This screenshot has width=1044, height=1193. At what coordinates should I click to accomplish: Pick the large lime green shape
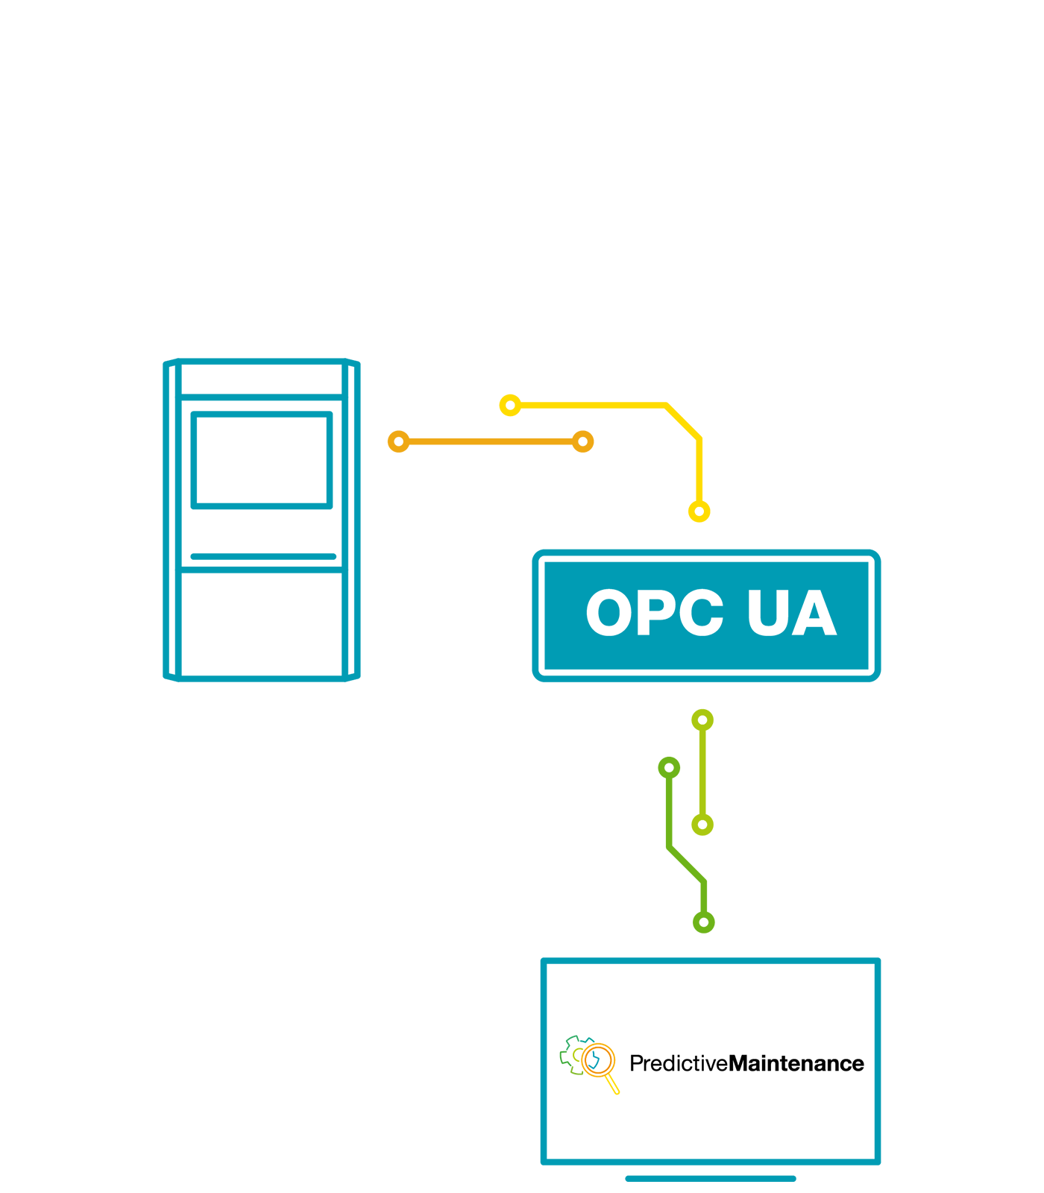coord(753,790)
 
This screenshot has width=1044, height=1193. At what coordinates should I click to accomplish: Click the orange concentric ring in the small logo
coord(597,1059)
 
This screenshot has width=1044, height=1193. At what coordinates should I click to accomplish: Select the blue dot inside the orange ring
coord(594,1060)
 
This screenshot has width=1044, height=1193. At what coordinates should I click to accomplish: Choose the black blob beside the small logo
coord(746,1063)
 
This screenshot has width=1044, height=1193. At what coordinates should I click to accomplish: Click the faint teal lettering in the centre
coord(701,611)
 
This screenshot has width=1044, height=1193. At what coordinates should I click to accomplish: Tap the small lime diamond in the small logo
coord(576,1056)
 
